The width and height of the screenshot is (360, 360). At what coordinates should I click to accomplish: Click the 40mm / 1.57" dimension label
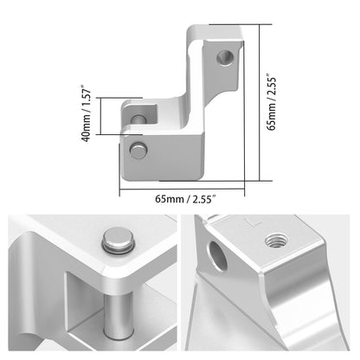(87, 113)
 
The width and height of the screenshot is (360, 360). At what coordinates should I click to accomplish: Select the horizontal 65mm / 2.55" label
(185, 199)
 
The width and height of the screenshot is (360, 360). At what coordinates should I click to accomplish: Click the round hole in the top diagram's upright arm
(225, 58)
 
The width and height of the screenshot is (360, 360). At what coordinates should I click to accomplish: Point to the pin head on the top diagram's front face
(138, 150)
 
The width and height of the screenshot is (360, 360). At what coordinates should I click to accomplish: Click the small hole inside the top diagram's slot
(138, 119)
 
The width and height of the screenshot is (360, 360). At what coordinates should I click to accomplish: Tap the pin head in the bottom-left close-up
(119, 240)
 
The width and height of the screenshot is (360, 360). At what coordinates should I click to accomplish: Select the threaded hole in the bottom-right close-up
(277, 241)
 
